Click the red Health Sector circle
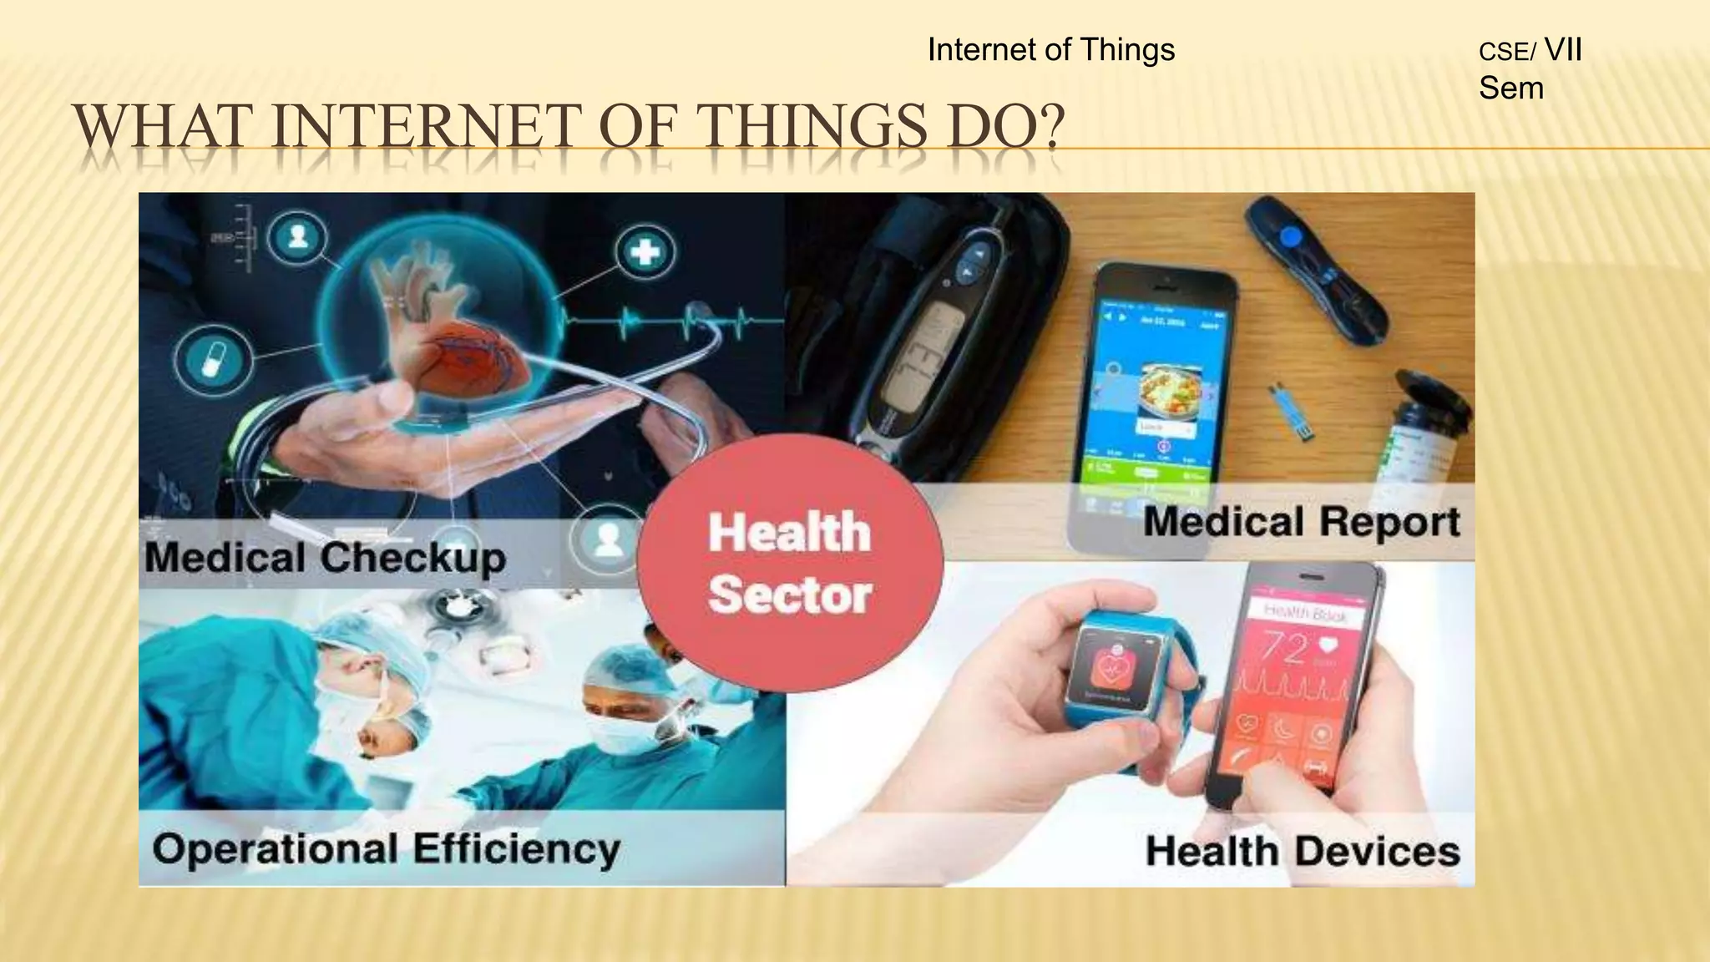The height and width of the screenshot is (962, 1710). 789,563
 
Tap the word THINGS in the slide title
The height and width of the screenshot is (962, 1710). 810,127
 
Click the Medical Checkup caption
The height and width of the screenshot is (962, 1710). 325,557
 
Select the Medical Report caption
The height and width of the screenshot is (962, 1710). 1301,522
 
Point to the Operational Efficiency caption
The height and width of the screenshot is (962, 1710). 386,849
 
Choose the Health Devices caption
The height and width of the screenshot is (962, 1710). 1302,852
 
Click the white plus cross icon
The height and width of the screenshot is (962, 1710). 645,251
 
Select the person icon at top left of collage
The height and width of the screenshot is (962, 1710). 298,236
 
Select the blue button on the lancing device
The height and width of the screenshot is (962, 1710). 1291,237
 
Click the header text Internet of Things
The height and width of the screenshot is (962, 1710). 1050,50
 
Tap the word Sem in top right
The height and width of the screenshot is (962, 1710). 1510,88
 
